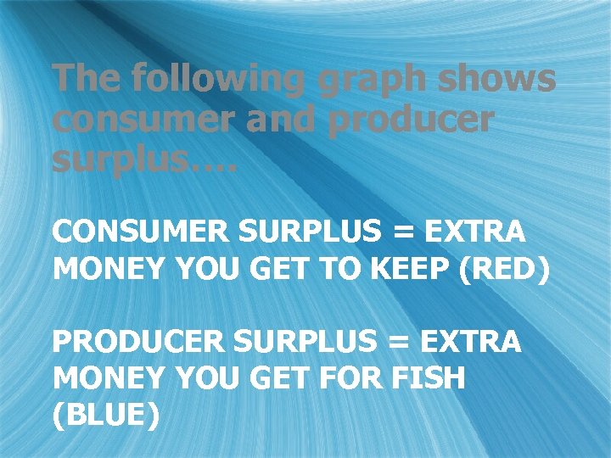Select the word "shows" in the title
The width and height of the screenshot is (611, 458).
click(500, 80)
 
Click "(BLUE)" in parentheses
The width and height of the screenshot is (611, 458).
click(105, 416)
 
